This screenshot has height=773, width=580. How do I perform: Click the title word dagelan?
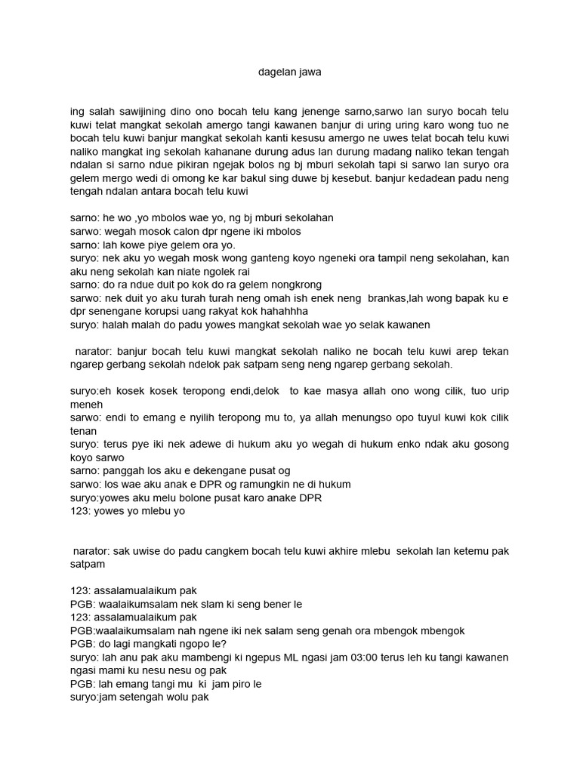point(272,72)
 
